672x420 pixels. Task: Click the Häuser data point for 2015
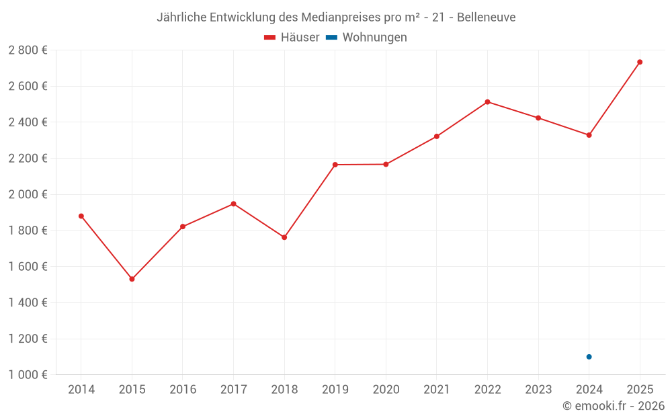pyautogui.click(x=132, y=279)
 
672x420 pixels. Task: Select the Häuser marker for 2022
pyautogui.click(x=487, y=102)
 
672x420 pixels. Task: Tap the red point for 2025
pyautogui.click(x=640, y=62)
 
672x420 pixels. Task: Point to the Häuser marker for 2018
pyautogui.click(x=284, y=237)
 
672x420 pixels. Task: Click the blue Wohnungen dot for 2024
pyautogui.click(x=589, y=357)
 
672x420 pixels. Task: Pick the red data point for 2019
pyautogui.click(x=335, y=165)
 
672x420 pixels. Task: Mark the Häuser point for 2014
pyautogui.click(x=81, y=216)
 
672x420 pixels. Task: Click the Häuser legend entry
pyautogui.click(x=292, y=38)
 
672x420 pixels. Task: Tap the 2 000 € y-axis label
pyautogui.click(x=28, y=194)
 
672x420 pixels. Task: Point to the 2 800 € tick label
pyautogui.click(x=28, y=50)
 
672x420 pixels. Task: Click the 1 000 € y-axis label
pyautogui.click(x=28, y=375)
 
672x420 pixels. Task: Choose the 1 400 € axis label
pyautogui.click(x=28, y=302)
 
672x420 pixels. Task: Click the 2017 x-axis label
pyautogui.click(x=233, y=390)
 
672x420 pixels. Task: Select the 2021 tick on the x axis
pyautogui.click(x=437, y=390)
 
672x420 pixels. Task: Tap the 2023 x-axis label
pyautogui.click(x=538, y=390)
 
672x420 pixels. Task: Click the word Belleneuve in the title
pyautogui.click(x=487, y=17)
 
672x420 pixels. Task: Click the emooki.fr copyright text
pyautogui.click(x=614, y=406)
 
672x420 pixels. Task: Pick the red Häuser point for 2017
pyautogui.click(x=233, y=204)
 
